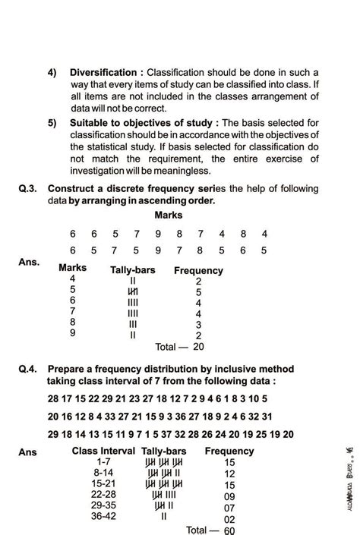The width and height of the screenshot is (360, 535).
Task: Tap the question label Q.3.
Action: (x=31, y=189)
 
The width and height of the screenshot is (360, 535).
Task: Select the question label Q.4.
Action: (x=31, y=369)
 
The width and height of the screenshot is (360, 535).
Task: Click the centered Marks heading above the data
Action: (x=167, y=216)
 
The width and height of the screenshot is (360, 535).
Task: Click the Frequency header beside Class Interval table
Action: (x=230, y=452)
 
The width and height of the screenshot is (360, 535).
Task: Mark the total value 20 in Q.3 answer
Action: (x=198, y=346)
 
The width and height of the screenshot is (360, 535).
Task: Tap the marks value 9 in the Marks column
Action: (x=72, y=332)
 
